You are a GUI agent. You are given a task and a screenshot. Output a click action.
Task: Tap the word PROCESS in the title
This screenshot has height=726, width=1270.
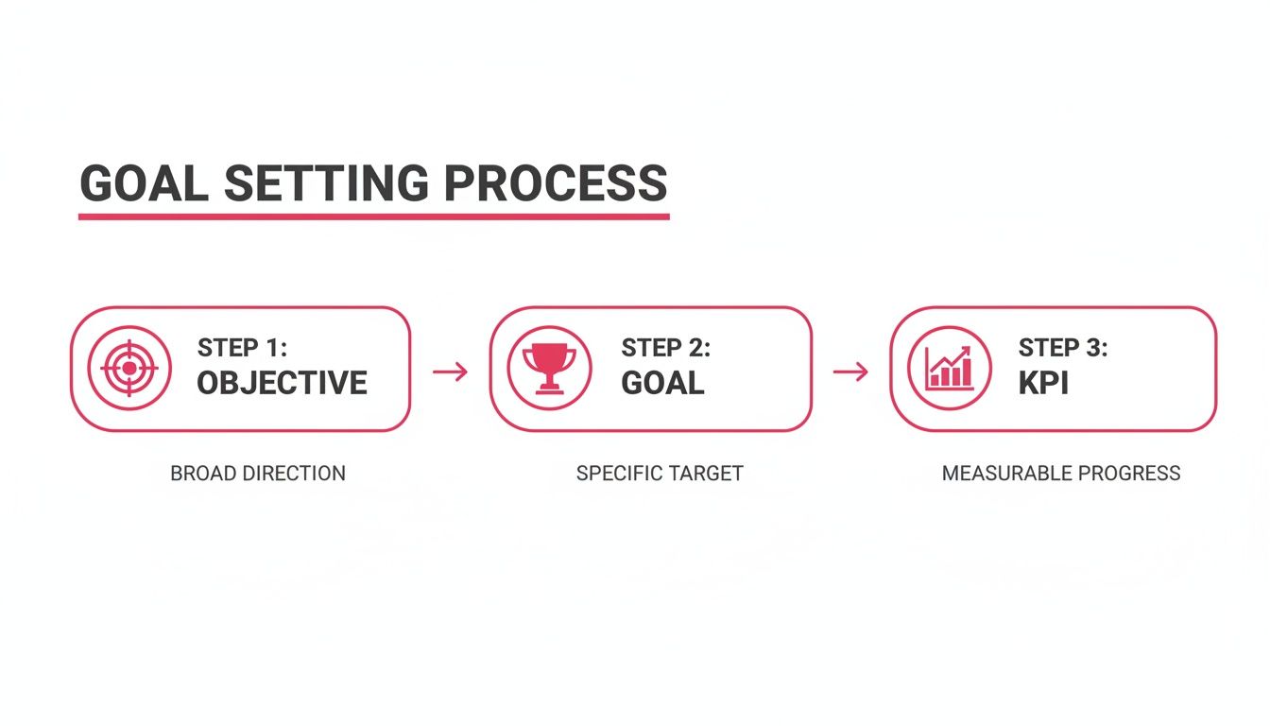(556, 182)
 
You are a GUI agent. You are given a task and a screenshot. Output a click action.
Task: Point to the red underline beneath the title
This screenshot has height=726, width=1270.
(373, 216)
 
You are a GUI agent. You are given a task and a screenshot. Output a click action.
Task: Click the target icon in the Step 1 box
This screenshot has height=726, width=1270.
(129, 368)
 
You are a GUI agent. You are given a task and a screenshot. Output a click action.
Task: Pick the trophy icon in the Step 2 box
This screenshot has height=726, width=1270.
(549, 367)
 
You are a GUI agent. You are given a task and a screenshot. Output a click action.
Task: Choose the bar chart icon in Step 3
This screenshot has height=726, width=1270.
(950, 368)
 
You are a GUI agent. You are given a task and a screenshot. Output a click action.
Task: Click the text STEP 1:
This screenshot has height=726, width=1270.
(241, 348)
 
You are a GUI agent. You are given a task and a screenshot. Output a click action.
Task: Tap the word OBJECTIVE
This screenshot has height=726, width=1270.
(282, 383)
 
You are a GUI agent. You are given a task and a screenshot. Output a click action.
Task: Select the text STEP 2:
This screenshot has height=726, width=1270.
(665, 348)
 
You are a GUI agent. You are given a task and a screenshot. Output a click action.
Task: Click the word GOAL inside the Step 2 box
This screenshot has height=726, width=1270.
(662, 383)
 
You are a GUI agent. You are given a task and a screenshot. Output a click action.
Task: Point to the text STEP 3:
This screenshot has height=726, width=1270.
(1062, 348)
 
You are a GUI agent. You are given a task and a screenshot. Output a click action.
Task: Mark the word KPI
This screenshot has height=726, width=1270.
(1043, 383)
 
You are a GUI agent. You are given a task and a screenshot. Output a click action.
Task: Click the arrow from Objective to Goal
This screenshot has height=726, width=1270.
(450, 372)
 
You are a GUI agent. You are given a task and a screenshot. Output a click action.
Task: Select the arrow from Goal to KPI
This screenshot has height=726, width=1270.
(850, 372)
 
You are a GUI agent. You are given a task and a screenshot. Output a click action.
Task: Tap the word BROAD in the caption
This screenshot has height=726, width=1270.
(201, 473)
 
